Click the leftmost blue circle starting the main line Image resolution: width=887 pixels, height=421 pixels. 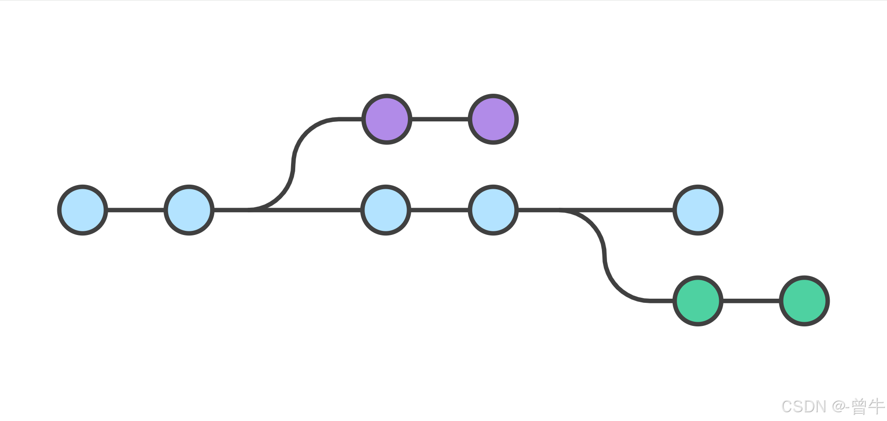pos(83,210)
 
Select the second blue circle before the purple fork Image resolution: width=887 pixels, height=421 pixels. pos(189,210)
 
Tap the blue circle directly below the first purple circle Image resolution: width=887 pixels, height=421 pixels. pos(386,210)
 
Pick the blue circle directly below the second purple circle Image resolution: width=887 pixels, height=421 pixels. pos(493,210)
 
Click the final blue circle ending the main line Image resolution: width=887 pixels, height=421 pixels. pos(698,210)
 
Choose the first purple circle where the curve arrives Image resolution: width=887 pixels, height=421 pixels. pos(387,119)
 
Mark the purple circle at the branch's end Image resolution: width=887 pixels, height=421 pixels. pos(493,119)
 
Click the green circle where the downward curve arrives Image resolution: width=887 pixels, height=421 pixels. pos(698,301)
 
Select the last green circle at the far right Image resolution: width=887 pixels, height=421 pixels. pos(804,301)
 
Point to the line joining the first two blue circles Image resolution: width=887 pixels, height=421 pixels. pos(136,210)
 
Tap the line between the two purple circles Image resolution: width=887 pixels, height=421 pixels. pos(440,119)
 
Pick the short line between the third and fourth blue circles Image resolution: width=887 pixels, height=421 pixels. pos(439,210)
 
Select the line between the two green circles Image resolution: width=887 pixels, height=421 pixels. pos(751,301)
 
